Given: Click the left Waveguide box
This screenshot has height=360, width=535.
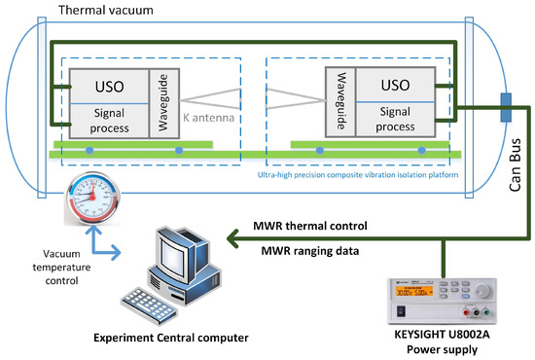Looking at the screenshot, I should pyautogui.click(x=162, y=101).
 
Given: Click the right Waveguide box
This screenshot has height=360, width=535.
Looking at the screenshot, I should pyautogui.click(x=339, y=101).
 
